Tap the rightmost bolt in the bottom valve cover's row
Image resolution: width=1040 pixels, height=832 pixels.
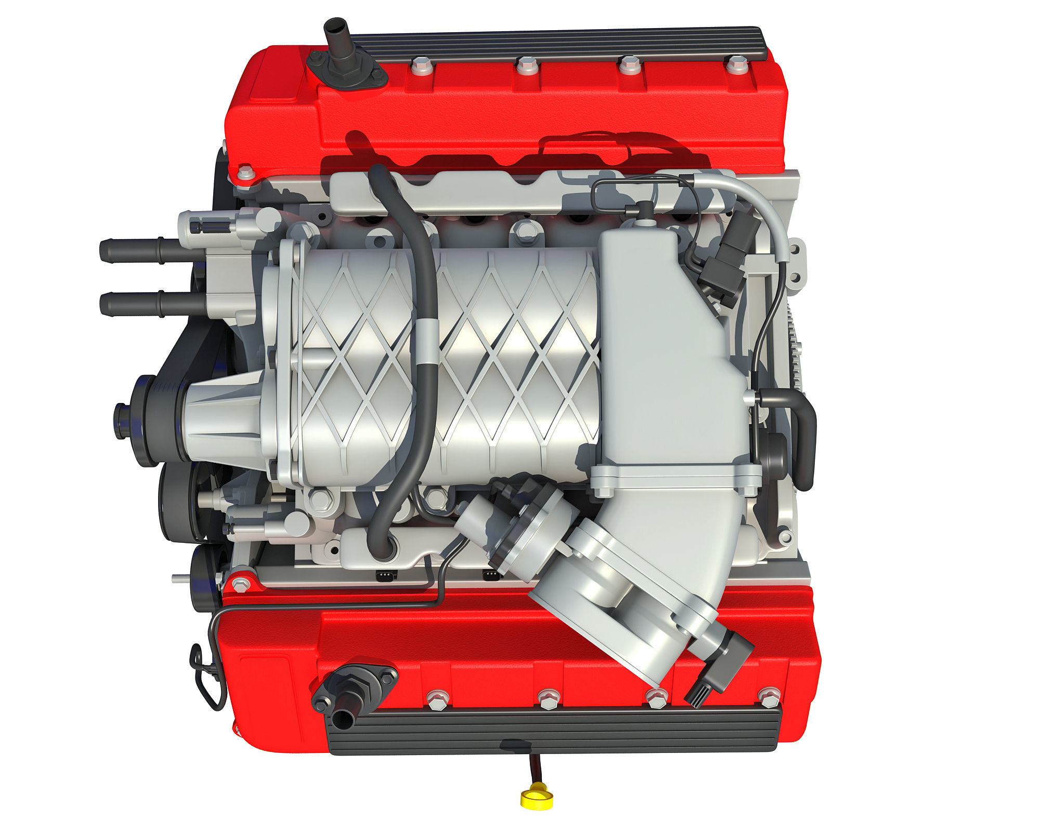766,697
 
